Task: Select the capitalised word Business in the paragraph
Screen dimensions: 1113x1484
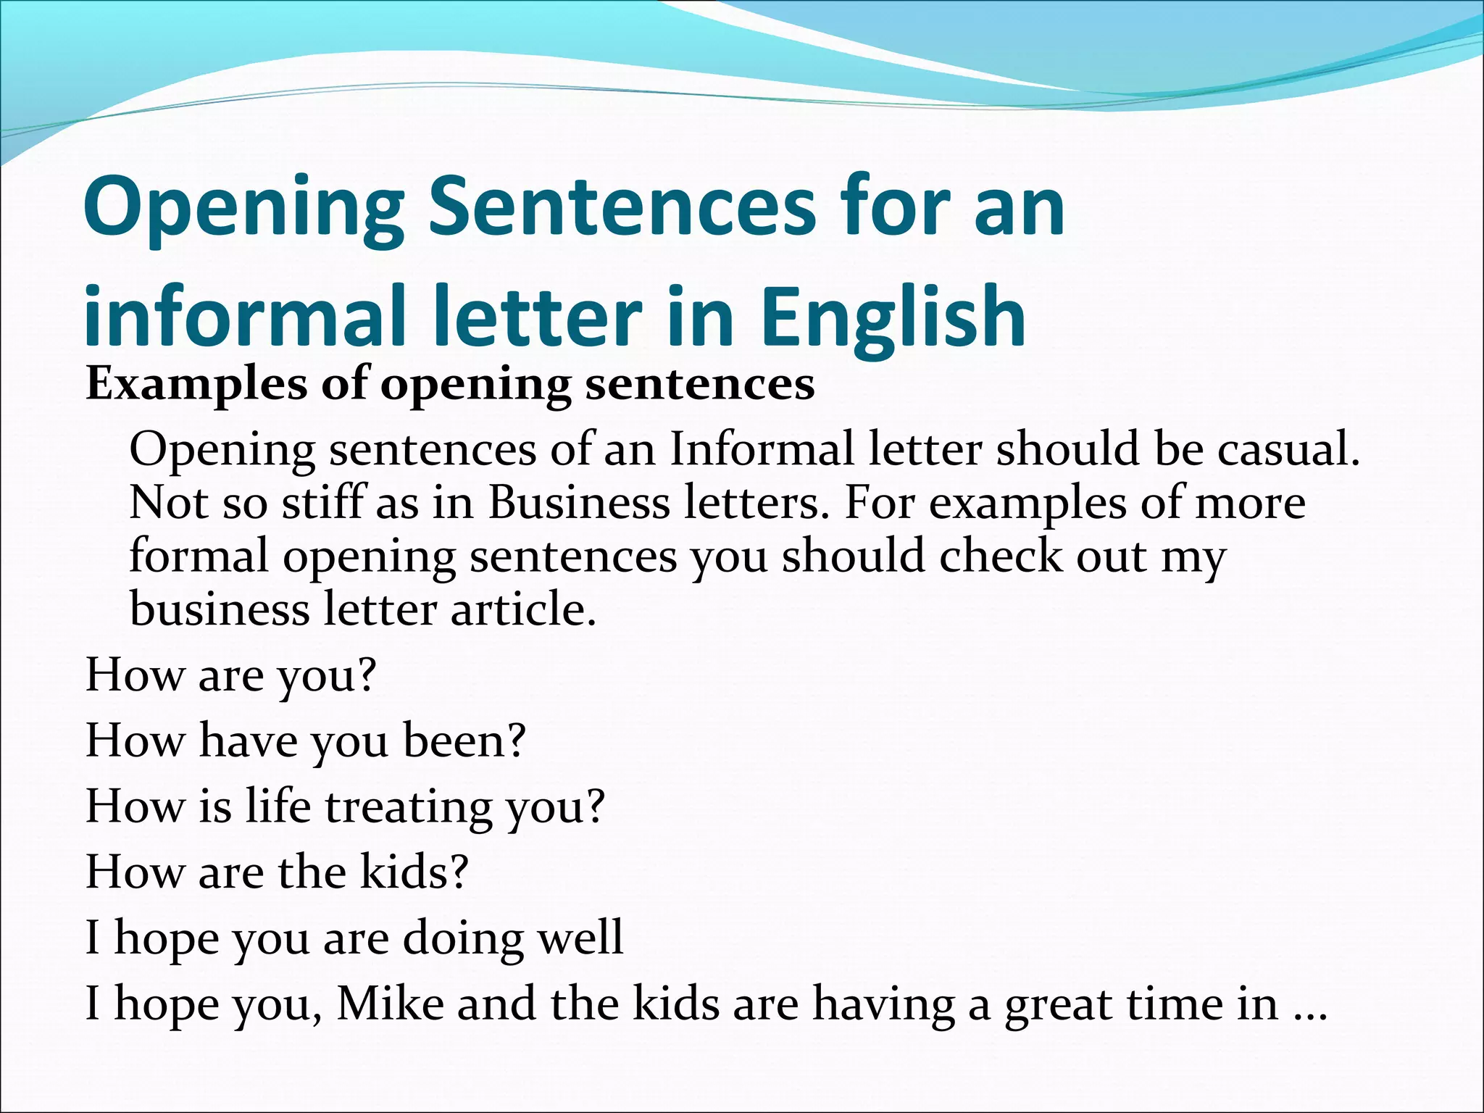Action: click(579, 503)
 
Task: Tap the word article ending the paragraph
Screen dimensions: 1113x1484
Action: click(522, 609)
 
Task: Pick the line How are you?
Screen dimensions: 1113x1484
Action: click(231, 675)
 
